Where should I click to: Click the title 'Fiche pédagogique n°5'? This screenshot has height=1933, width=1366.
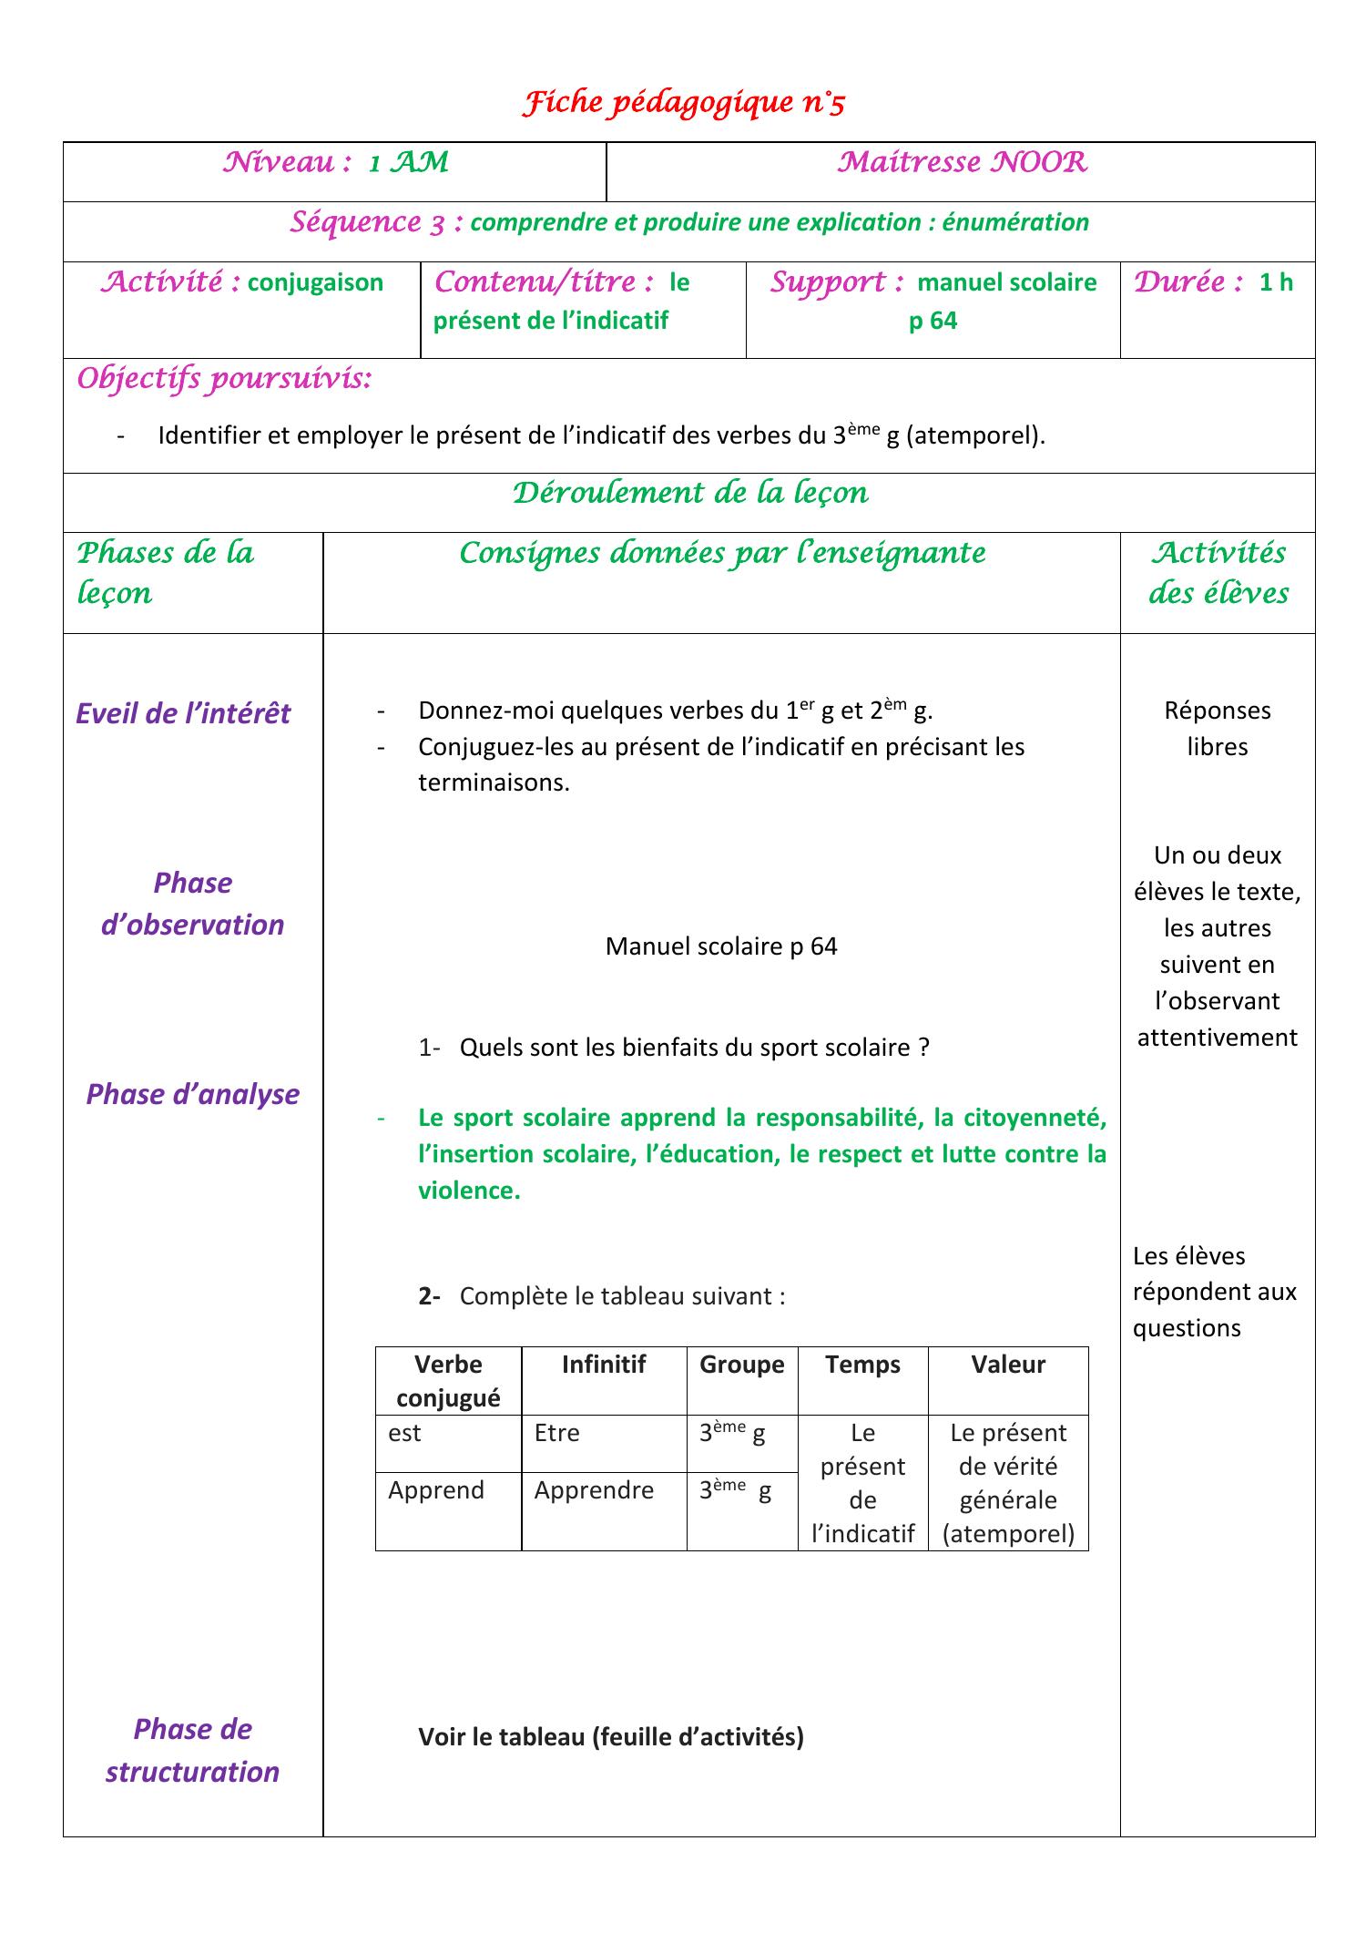(683, 104)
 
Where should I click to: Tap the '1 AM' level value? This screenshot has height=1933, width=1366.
(409, 163)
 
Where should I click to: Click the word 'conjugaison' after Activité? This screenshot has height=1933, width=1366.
(315, 282)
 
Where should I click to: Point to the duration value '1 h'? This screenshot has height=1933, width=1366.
(1276, 282)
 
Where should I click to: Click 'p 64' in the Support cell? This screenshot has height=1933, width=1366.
(933, 321)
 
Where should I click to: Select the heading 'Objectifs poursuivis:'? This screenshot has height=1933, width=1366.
(224, 379)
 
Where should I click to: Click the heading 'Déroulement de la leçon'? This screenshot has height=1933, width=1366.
(689, 493)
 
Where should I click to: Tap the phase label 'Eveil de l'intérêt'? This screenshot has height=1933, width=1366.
(183, 712)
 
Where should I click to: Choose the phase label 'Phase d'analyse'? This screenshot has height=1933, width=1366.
(192, 1093)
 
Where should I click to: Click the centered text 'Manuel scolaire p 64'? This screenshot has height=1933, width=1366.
(721, 946)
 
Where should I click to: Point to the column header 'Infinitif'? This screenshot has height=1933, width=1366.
(603, 1364)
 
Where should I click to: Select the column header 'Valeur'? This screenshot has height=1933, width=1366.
(1007, 1364)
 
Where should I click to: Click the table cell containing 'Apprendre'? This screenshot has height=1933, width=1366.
(594, 1489)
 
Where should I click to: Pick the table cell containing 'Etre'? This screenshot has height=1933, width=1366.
(556, 1433)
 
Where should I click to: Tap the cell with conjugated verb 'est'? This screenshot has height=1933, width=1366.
(404, 1433)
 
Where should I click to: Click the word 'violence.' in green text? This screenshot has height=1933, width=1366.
(469, 1191)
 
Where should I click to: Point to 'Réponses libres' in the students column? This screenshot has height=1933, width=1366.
(1217, 728)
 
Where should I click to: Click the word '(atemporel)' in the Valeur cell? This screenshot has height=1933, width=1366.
(1008, 1534)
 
